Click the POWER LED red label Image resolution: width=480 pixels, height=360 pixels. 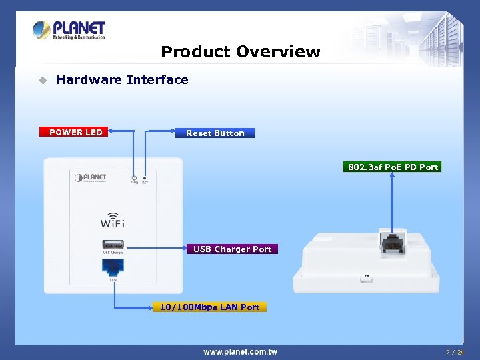(x=75, y=132)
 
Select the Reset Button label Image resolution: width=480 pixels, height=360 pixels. (x=215, y=133)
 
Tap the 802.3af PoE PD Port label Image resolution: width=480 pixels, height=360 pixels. (x=393, y=167)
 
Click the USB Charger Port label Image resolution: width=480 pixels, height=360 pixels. (x=232, y=249)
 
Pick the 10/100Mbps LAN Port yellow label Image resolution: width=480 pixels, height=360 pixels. (x=209, y=307)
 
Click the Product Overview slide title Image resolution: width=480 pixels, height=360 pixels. (x=241, y=52)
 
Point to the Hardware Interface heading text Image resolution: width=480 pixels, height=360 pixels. (x=122, y=80)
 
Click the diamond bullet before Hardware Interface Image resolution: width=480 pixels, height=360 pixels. (x=42, y=81)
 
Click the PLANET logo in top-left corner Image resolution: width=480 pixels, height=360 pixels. (x=69, y=31)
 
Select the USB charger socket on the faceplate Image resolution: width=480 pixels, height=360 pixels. (x=113, y=244)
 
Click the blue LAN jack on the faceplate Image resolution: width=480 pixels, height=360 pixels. (x=113, y=267)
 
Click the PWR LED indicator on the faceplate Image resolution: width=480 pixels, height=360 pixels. (x=134, y=178)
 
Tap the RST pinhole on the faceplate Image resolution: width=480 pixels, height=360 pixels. (x=145, y=178)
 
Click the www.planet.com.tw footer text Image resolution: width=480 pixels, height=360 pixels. (x=240, y=351)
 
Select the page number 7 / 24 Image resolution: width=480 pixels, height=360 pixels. (x=455, y=351)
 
